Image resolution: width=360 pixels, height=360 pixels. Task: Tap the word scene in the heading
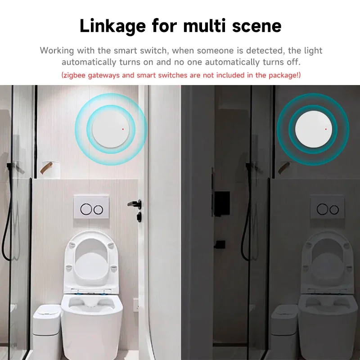pos(256,26)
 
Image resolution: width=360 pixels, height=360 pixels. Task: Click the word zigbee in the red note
pos(75,75)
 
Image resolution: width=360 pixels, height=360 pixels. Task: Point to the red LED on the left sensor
pos(123,129)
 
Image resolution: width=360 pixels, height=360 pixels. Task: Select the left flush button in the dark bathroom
pos(322,209)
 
